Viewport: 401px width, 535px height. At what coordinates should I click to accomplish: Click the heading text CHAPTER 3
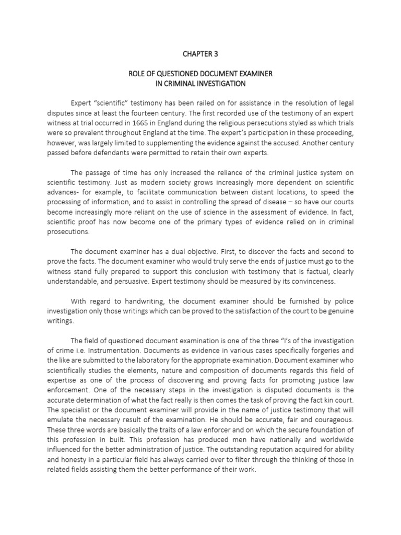pyautogui.click(x=200, y=53)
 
